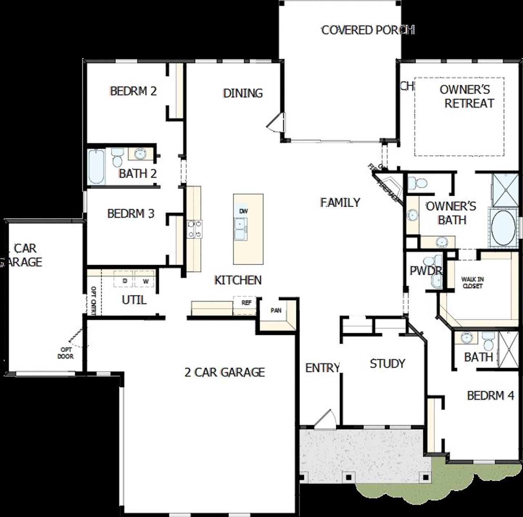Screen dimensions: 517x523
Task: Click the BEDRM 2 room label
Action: coord(133,91)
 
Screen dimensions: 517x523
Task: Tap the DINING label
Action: coord(243,93)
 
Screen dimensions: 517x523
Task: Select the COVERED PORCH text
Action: coord(368,30)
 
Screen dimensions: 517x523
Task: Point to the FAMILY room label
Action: coord(340,202)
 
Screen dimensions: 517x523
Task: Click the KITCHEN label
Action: coord(238,280)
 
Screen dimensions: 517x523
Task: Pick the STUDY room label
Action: coord(387,363)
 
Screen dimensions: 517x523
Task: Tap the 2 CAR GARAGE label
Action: coord(225,372)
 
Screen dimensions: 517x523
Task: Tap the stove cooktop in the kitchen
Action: coord(194,229)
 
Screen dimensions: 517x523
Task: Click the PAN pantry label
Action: coord(276,310)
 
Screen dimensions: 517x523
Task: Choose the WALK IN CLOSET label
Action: coord(472,283)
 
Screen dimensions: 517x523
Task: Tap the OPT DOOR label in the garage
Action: coord(65,353)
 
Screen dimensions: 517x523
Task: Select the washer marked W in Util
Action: coord(145,281)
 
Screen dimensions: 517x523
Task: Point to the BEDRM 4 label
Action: coord(490,395)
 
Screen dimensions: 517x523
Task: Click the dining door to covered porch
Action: coord(274,122)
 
